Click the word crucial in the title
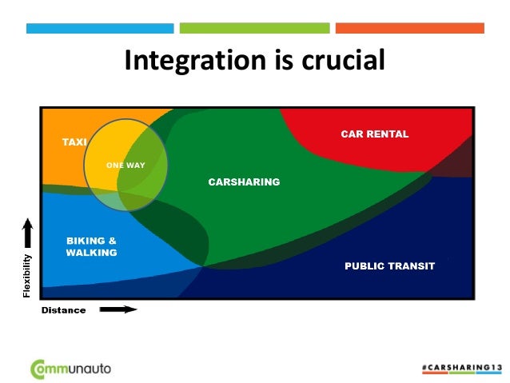(342, 61)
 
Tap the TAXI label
(74, 142)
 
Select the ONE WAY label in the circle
(126, 166)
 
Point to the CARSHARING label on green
(244, 182)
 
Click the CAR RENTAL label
(374, 134)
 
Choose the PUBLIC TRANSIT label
(389, 266)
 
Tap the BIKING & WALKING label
(91, 246)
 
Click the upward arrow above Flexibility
(28, 233)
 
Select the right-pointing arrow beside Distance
(118, 309)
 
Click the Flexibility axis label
(28, 276)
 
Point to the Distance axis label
(63, 310)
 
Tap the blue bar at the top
(100, 28)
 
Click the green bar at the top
(254, 28)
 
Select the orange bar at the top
(409, 28)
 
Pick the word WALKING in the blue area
(91, 253)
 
